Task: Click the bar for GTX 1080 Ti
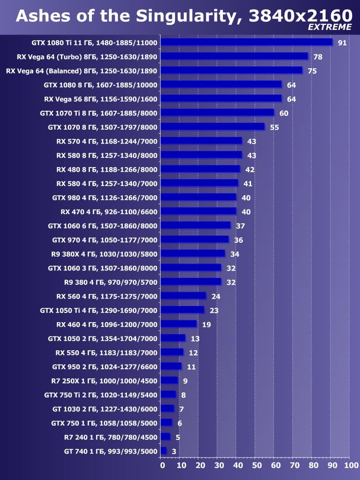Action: click(246, 42)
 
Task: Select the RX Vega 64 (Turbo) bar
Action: click(234, 56)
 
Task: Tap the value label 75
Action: click(312, 71)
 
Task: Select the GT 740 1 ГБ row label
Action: click(111, 451)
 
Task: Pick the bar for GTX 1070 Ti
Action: click(217, 113)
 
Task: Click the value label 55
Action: click(274, 127)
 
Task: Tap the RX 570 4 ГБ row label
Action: click(107, 141)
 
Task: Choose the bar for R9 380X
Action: click(193, 253)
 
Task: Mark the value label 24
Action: click(216, 296)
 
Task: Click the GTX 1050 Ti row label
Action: click(99, 310)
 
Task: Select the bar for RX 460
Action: click(179, 324)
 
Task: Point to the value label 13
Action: click(195, 339)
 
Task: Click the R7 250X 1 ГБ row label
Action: click(104, 381)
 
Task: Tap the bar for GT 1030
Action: click(168, 408)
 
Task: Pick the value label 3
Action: click(174, 451)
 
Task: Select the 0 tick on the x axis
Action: click(162, 465)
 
